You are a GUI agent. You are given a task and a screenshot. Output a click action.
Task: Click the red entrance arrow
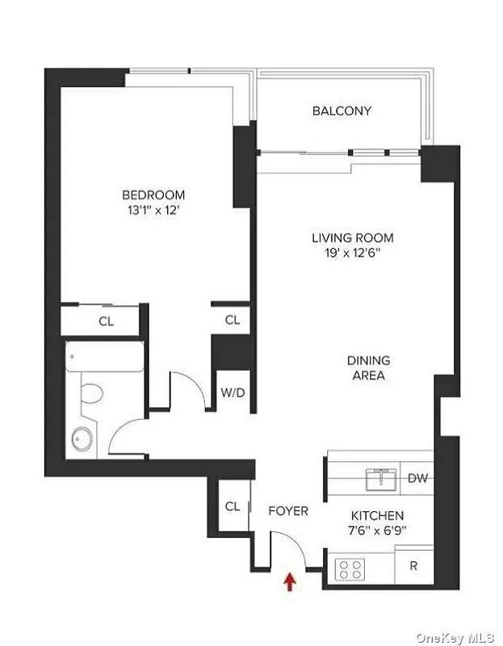(x=291, y=581)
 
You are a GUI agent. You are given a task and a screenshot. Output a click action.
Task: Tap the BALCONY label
(x=342, y=111)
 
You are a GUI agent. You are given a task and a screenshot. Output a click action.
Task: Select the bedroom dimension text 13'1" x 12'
(x=154, y=211)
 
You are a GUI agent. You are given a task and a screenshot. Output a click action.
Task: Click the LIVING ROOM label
(x=353, y=237)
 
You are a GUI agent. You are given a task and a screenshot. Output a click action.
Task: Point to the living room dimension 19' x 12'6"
(x=353, y=253)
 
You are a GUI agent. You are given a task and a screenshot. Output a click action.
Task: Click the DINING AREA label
(x=369, y=368)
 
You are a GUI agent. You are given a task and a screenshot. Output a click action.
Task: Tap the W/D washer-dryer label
(x=233, y=392)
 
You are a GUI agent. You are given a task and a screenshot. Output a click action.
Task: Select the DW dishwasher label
(x=417, y=478)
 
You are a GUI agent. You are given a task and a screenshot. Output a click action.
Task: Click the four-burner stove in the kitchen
(x=350, y=569)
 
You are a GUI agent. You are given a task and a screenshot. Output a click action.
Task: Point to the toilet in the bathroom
(x=92, y=393)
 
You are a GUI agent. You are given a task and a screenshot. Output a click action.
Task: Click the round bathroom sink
(x=82, y=438)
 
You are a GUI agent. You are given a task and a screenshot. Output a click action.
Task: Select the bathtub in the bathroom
(x=105, y=356)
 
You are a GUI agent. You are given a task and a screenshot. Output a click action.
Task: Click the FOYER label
(x=288, y=511)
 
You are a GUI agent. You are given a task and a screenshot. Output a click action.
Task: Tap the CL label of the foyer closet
(x=233, y=506)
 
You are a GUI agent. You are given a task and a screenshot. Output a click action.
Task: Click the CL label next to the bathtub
(x=107, y=321)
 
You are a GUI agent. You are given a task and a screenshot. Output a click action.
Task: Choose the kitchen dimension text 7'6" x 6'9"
(x=377, y=531)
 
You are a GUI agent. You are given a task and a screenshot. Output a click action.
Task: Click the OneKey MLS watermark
(x=455, y=638)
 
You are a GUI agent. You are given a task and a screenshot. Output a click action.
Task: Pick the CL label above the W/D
(x=233, y=320)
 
